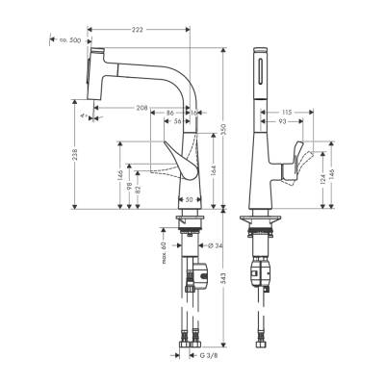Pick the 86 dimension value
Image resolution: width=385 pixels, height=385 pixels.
169,114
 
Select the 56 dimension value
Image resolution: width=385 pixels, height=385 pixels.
177,123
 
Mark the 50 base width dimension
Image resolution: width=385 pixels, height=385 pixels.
191,199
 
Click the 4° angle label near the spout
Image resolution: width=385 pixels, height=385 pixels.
83,118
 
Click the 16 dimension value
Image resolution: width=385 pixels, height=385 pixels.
195,114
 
